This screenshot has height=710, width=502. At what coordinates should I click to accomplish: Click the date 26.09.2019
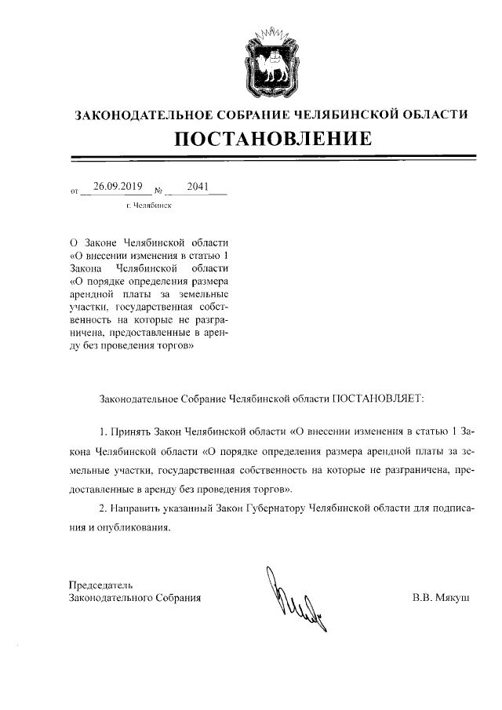point(116,187)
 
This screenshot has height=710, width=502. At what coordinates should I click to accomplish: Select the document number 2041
point(199,187)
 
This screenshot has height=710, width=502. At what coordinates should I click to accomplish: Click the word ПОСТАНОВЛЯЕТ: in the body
point(376,398)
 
